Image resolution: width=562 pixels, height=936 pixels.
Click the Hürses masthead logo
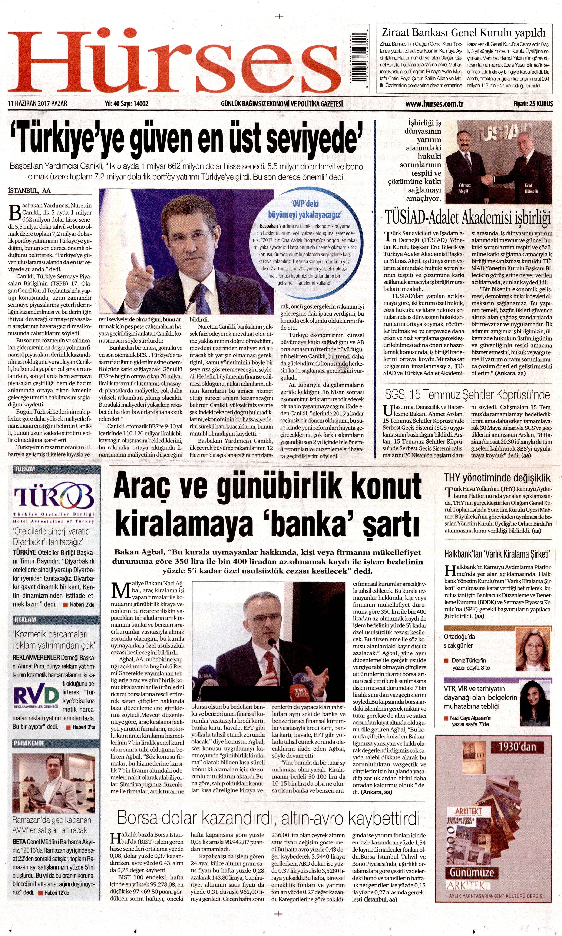(x=174, y=61)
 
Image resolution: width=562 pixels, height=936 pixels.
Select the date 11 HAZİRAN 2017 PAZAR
(x=37, y=104)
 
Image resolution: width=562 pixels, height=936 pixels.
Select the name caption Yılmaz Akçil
(x=464, y=188)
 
